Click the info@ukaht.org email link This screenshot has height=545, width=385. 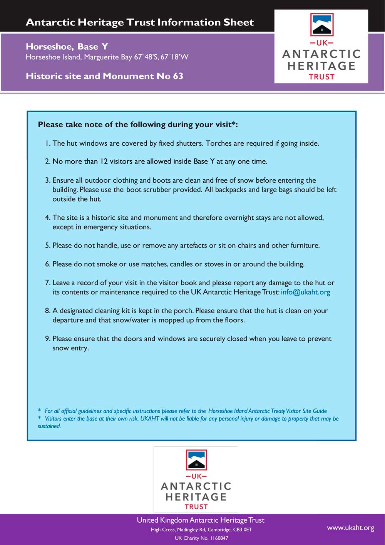305,292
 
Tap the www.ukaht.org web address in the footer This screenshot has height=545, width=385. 350,528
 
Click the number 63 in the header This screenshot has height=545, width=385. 178,76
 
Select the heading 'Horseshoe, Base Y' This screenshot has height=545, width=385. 67,47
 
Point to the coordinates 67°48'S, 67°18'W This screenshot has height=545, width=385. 161,57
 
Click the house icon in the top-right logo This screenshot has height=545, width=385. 321,25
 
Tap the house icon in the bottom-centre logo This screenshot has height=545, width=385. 196,460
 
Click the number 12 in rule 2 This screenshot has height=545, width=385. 104,161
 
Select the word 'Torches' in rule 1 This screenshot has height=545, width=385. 218,143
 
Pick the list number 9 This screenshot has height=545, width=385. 47,338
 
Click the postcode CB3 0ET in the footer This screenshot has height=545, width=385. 242,530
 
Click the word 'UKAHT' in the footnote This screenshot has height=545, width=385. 149,419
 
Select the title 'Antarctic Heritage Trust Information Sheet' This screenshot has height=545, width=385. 140,22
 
